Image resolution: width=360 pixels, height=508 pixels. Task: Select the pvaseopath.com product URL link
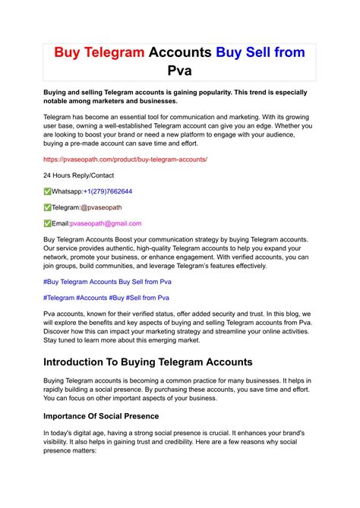tap(125, 159)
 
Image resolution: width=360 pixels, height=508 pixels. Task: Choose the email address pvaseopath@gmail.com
tap(106, 223)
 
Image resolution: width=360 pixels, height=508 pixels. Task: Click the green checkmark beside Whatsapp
tap(47, 191)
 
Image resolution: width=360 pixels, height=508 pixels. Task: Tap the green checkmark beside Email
tap(47, 223)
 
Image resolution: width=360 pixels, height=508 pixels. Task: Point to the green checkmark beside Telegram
tap(47, 207)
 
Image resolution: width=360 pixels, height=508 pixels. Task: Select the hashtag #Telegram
tap(58, 298)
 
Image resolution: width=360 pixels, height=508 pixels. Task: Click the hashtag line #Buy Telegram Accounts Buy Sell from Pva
tap(106, 282)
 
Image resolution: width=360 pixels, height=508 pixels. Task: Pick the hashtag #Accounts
tap(92, 298)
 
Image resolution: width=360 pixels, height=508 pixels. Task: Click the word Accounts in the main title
tap(181, 52)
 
